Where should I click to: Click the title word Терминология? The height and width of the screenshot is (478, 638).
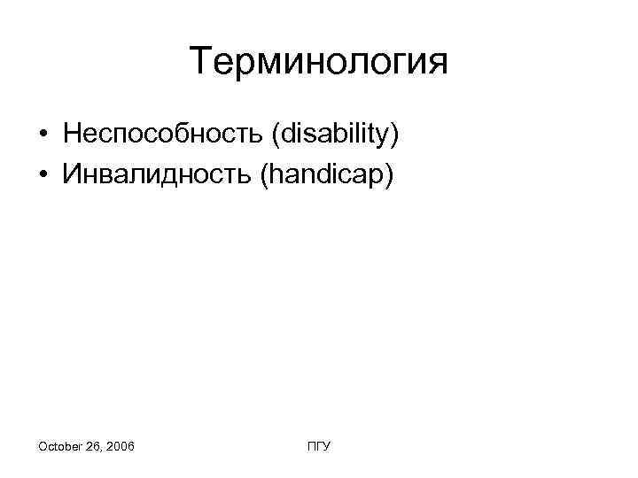click(x=319, y=63)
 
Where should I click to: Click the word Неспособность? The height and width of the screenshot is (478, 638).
click(x=164, y=135)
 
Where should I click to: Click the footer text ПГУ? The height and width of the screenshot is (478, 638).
click(x=319, y=447)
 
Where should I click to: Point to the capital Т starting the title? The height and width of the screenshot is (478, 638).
click(x=200, y=63)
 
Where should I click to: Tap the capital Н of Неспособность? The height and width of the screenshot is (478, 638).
click(x=72, y=135)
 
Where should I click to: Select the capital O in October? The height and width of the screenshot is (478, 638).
click(x=43, y=447)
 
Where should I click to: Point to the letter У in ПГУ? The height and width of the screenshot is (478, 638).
click(x=326, y=447)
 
